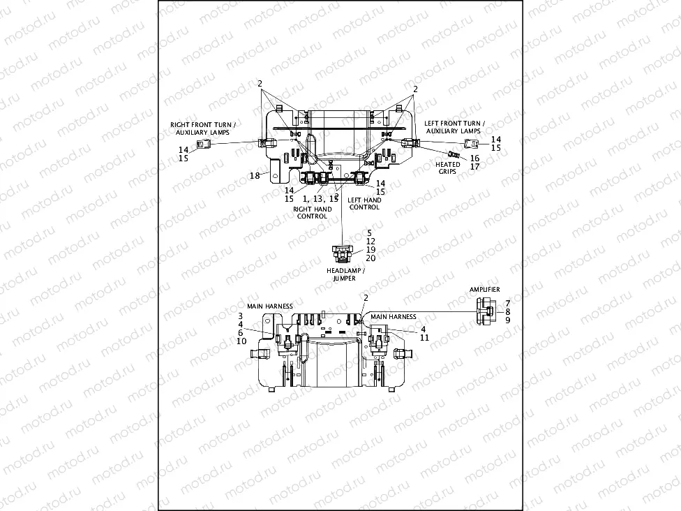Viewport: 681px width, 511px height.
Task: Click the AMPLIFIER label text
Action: (484, 289)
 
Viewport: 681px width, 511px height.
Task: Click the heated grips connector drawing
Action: (454, 153)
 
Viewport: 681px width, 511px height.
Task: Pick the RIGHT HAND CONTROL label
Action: (313, 212)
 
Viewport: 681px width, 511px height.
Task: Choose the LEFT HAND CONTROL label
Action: (364, 203)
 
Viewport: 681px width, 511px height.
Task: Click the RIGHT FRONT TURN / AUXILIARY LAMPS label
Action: (203, 128)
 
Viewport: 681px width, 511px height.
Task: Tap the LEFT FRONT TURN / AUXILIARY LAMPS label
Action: (453, 126)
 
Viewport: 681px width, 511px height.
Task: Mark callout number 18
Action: (255, 175)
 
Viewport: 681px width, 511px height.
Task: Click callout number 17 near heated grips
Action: (474, 167)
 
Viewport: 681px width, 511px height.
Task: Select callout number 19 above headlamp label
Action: (371, 249)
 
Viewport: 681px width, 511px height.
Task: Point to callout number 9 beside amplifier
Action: (507, 320)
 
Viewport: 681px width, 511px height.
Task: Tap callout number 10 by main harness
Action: (241, 341)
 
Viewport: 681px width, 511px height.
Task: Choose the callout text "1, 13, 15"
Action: (320, 199)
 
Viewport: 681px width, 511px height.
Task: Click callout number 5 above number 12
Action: (371, 232)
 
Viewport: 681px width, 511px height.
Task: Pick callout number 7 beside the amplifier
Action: (507, 303)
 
